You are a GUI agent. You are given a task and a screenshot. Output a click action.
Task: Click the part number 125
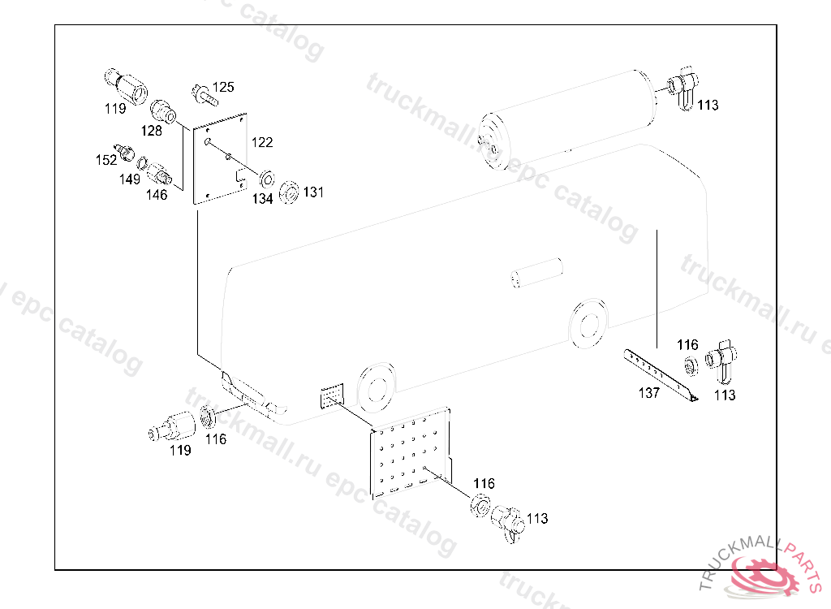[223, 87]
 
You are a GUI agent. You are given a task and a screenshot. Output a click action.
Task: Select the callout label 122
[262, 142]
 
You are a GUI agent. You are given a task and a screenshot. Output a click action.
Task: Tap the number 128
[151, 130]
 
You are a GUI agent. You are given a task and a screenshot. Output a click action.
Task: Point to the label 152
[106, 160]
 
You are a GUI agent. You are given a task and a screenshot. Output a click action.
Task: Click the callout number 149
[130, 179]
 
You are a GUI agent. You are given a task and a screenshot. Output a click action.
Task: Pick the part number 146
[157, 195]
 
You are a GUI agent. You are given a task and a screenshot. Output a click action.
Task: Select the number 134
[261, 199]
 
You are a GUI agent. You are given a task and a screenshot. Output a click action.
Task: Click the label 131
[313, 192]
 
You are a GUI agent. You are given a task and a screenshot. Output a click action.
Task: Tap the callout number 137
[648, 393]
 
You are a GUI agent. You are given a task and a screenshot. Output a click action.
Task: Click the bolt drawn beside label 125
[203, 94]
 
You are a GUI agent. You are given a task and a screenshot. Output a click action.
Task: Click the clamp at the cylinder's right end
[682, 89]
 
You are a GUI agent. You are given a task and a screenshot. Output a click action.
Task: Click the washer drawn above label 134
[266, 178]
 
